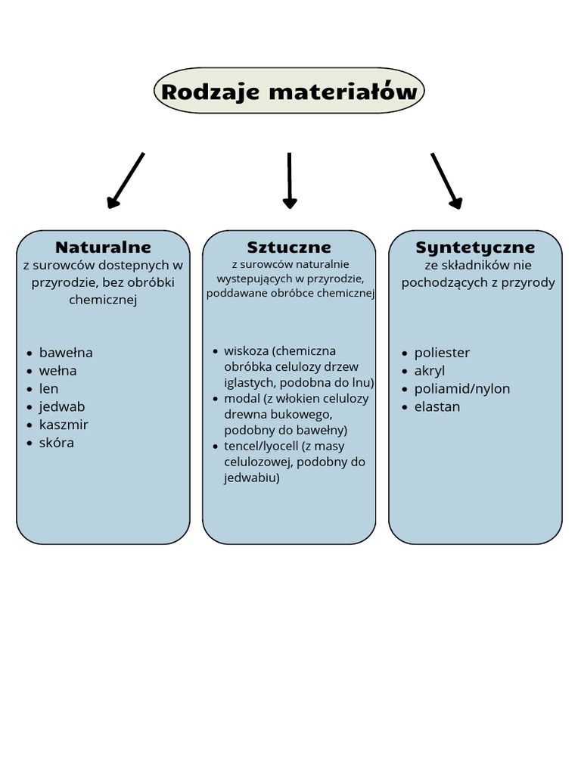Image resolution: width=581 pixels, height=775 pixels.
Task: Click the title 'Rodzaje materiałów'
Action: point(289,92)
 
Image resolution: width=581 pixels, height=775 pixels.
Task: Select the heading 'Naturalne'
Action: point(103,247)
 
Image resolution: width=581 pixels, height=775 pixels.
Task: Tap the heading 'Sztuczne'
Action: point(289,247)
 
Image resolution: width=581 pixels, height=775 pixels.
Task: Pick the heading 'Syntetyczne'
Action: point(475,247)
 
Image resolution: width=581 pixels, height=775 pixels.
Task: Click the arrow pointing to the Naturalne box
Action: point(126,181)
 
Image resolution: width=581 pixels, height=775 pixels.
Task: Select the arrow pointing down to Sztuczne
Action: point(290,181)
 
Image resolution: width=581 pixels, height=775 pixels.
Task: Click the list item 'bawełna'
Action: point(66,353)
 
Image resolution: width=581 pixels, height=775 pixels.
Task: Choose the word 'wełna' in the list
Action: point(57,371)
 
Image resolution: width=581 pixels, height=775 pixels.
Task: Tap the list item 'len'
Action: point(48,388)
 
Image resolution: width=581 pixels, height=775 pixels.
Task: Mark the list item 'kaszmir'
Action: point(64,425)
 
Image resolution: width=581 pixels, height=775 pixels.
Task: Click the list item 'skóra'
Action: point(56,442)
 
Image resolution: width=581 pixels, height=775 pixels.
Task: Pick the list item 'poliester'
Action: point(442,353)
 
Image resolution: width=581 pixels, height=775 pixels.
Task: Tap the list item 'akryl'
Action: point(430,371)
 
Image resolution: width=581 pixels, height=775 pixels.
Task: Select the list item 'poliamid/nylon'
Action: point(462,388)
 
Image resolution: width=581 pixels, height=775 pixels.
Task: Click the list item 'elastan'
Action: point(437,406)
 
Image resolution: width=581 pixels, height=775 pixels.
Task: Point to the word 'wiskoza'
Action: point(246,351)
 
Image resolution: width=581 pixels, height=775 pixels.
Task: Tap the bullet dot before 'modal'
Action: point(216,399)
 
